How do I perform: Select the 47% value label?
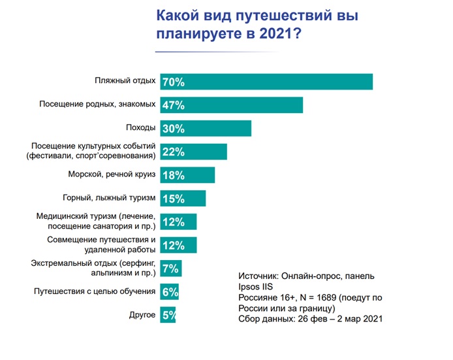point(173,105)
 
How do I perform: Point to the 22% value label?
point(173,152)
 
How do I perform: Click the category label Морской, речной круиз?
point(112,175)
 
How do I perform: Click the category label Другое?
point(142,315)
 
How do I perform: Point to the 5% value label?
point(169,316)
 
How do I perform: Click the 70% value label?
point(173,82)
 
